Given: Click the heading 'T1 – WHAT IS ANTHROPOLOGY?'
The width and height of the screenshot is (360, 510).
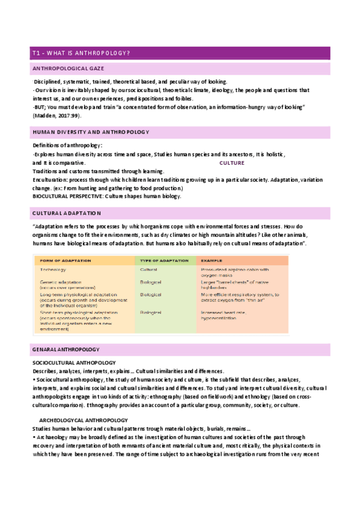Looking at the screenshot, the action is tap(81, 54).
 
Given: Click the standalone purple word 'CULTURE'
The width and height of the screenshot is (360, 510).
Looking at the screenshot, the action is tap(232, 163).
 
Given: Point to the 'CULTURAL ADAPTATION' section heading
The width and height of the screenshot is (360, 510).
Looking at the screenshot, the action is tap(67, 214).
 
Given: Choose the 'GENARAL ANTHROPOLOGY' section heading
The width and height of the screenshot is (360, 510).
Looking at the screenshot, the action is tap(66, 349).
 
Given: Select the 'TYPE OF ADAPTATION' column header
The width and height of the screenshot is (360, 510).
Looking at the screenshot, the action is tap(161, 261).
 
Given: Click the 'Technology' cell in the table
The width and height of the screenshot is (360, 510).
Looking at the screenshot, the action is tap(53, 270).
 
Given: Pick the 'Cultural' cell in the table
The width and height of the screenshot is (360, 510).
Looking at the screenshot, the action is tap(149, 270).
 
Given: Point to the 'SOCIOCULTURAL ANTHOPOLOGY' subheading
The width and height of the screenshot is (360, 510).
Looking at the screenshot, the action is tap(74, 363).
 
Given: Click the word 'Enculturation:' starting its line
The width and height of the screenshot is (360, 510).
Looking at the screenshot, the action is tap(51, 180).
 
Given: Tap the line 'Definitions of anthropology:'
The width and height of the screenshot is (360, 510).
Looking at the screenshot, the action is tap(67, 146).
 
